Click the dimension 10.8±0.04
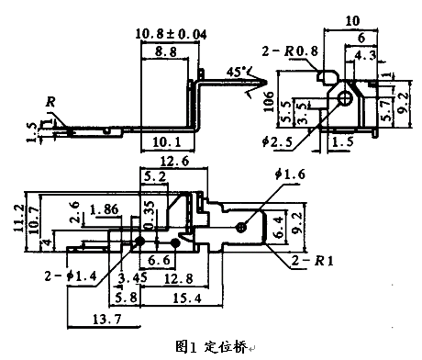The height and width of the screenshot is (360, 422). tap(172, 34)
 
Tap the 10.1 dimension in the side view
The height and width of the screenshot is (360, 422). tap(166, 142)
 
